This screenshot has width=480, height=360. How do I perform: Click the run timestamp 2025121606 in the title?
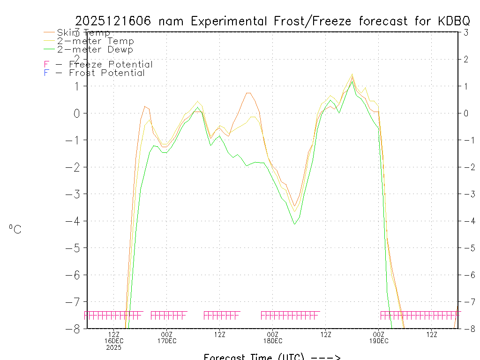(114, 21)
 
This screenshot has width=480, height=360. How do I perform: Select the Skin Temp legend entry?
(83, 32)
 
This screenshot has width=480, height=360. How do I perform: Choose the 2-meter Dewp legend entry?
(95, 49)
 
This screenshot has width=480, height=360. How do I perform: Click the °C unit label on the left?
(15, 229)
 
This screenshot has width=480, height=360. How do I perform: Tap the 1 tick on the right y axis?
(466, 86)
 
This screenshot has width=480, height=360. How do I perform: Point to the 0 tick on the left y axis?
(78, 113)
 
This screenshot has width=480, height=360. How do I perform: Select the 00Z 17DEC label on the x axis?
(167, 337)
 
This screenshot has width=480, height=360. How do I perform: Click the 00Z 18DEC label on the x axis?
(273, 337)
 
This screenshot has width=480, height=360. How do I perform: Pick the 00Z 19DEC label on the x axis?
(379, 337)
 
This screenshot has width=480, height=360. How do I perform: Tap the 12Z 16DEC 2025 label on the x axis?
(114, 341)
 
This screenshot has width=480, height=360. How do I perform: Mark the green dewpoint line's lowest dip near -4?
(295, 224)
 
